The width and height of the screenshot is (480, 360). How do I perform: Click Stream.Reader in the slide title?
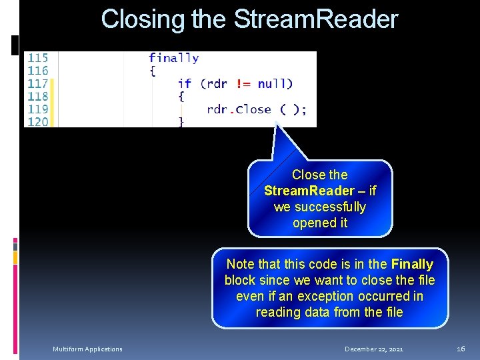316,19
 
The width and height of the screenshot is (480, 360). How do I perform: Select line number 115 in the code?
37,58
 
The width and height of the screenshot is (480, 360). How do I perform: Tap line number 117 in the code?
37,84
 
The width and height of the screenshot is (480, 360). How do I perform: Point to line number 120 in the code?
37,121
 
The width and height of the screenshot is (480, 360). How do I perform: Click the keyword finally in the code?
173,58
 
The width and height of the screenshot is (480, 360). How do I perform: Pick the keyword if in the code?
184,84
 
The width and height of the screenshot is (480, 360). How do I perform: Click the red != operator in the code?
242,84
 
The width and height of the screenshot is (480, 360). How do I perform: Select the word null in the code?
273,84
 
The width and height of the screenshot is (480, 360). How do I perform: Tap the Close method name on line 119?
253,109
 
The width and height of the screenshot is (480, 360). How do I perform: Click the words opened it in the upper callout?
320,223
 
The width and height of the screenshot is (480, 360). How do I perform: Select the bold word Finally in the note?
412,265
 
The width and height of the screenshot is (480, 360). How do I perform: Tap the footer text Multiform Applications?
88,349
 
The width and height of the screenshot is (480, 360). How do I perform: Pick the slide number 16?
461,349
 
